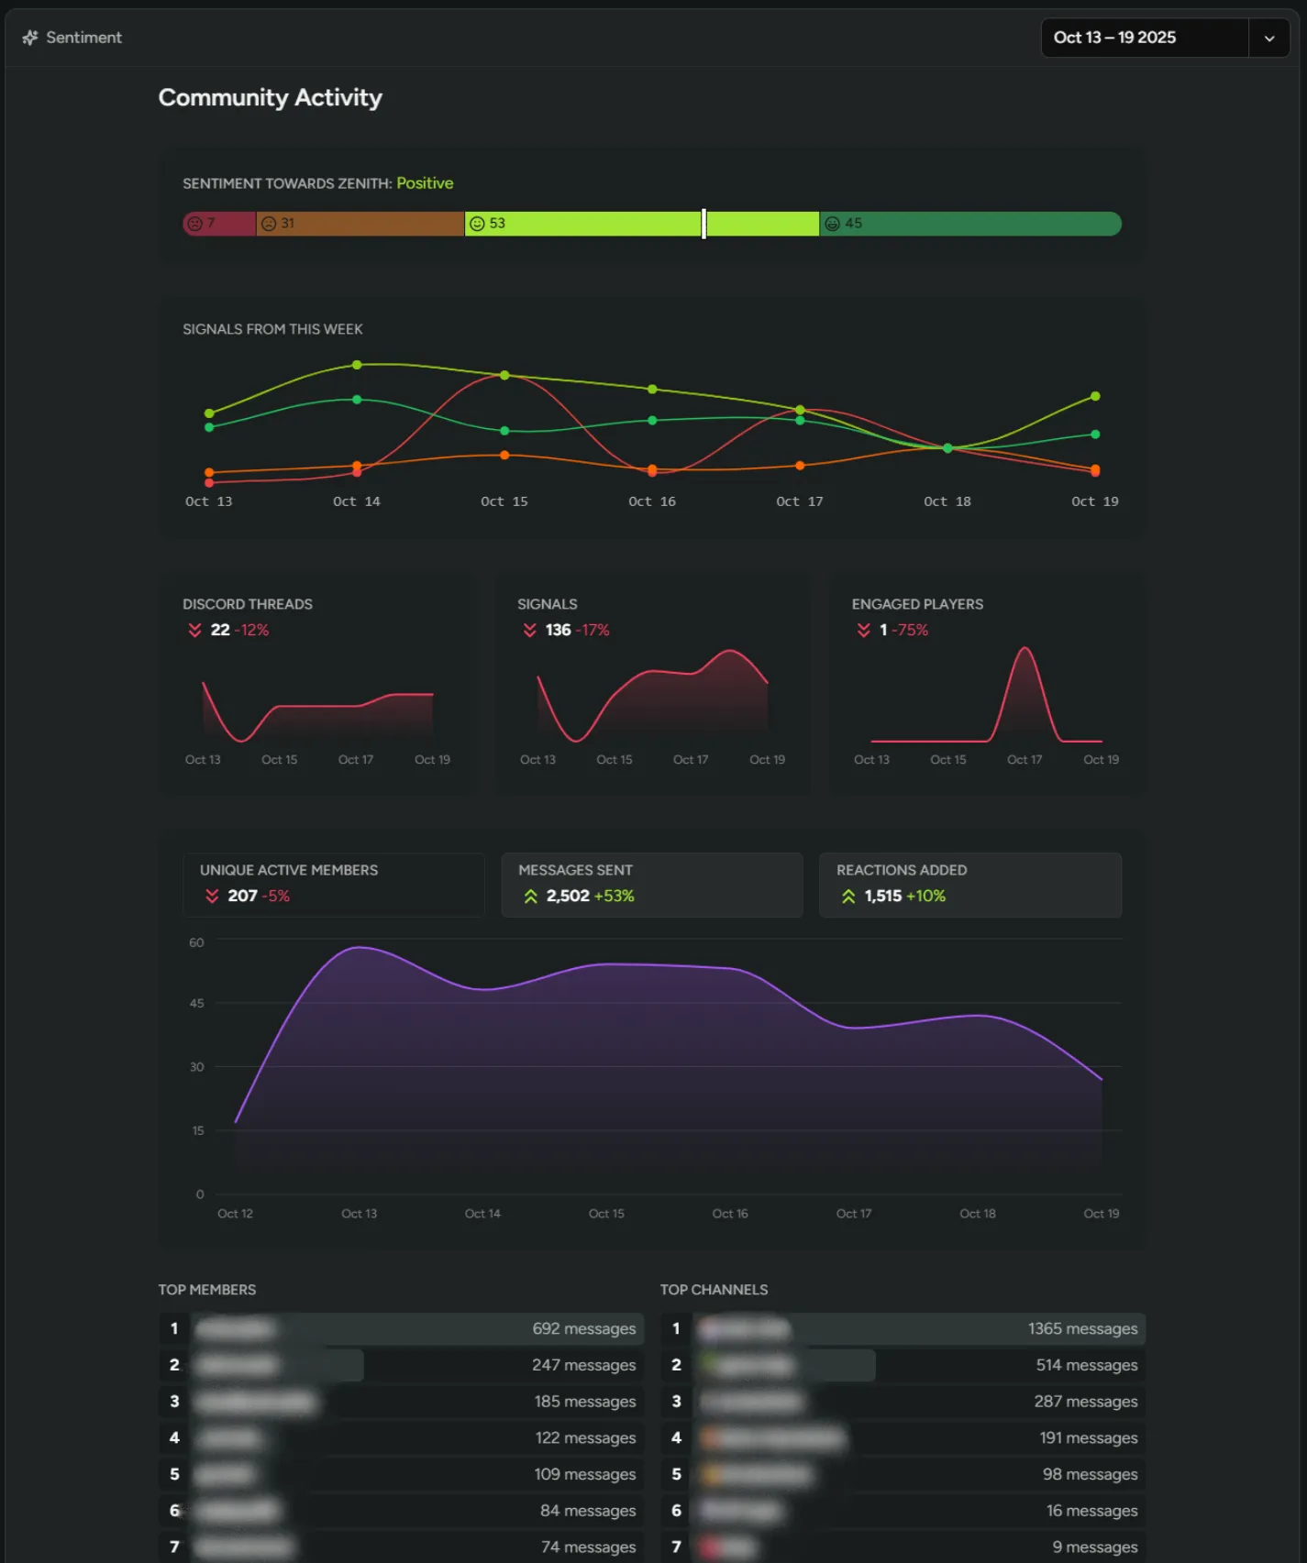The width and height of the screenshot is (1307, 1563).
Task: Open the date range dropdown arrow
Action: click(x=1269, y=39)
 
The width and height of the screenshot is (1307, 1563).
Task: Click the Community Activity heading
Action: click(x=270, y=97)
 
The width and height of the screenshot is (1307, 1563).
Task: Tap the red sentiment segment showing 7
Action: click(x=218, y=224)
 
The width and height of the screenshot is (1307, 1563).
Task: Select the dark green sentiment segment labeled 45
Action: click(x=969, y=224)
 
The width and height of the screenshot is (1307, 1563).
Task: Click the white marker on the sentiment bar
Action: click(x=703, y=224)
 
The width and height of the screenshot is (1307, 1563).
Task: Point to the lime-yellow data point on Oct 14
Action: click(x=357, y=365)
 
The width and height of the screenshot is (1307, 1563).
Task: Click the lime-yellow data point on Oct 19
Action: click(x=1095, y=396)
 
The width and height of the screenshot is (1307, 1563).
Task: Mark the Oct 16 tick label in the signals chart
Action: click(x=651, y=501)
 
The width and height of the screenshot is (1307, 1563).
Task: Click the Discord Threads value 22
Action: click(x=220, y=630)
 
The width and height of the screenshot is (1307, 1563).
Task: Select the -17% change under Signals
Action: click(x=593, y=630)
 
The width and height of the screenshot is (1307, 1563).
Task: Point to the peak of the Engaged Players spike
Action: click(x=1025, y=649)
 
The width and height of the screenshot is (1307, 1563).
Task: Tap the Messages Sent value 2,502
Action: click(x=568, y=896)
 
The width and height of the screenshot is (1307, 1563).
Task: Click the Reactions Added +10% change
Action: click(x=925, y=896)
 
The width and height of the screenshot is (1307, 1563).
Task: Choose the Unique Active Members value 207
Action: click(x=242, y=896)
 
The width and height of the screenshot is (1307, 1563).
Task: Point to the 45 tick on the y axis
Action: click(x=196, y=1004)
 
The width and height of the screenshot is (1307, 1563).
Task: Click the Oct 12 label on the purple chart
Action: click(x=235, y=1214)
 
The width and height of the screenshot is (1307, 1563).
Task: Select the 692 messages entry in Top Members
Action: click(x=583, y=1329)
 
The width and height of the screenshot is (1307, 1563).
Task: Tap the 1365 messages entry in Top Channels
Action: click(x=1082, y=1329)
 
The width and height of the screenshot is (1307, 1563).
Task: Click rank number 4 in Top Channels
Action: click(x=676, y=1438)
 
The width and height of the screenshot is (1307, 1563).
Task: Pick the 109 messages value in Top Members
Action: click(x=584, y=1475)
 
